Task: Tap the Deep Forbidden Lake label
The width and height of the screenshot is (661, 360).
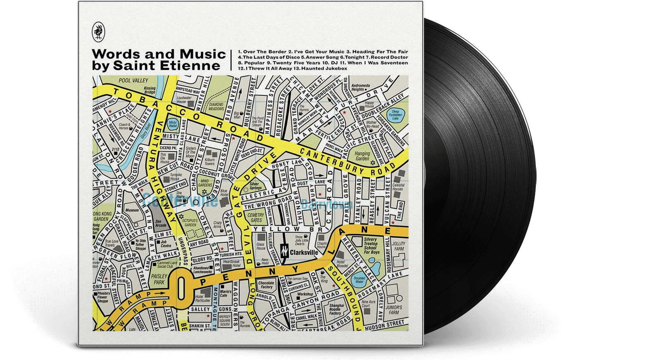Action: (x=396, y=115)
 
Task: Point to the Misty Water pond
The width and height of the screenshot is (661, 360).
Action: (x=172, y=124)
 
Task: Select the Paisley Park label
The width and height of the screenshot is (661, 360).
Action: (x=159, y=279)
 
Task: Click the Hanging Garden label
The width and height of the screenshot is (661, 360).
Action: (x=362, y=156)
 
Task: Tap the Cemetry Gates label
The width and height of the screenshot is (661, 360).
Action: (x=256, y=218)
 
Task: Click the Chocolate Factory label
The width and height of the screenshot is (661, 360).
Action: (x=266, y=285)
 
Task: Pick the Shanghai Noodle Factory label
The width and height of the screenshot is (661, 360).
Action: (x=335, y=310)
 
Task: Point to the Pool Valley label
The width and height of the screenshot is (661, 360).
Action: (x=133, y=81)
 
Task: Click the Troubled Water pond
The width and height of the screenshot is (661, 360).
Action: (x=359, y=280)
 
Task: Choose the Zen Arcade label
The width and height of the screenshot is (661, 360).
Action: (x=161, y=223)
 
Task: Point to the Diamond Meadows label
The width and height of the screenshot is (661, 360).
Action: (x=216, y=107)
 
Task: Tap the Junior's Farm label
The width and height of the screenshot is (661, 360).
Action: (x=394, y=310)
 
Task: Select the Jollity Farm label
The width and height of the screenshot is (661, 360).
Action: (x=399, y=246)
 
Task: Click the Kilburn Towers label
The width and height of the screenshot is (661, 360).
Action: (x=209, y=161)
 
